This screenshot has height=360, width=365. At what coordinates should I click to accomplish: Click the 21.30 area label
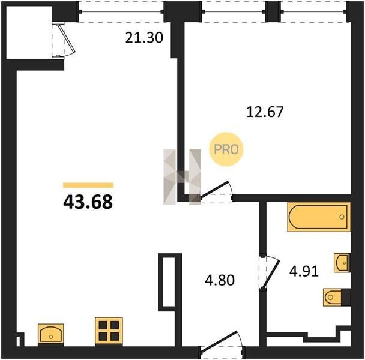pyautogui.click(x=144, y=38)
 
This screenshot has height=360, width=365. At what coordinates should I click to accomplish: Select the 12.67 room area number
pyautogui.click(x=265, y=112)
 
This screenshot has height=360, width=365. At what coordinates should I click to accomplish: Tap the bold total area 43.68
pyautogui.click(x=88, y=202)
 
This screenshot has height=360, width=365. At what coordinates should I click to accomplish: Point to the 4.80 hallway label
pyautogui.click(x=220, y=280)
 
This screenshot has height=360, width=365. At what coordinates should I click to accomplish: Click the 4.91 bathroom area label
pyautogui.click(x=304, y=271)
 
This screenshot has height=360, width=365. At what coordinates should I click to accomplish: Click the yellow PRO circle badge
pyautogui.click(x=226, y=149)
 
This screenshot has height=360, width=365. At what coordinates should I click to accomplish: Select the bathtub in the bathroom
pyautogui.click(x=319, y=217)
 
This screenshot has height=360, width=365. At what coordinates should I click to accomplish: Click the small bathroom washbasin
pyautogui.click(x=342, y=263)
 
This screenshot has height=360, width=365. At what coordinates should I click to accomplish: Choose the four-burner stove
pyautogui.click(x=109, y=331)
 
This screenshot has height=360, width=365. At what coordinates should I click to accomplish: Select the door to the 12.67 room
pyautogui.click(x=217, y=191)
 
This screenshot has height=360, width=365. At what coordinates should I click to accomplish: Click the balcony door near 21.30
pyautogui.click(x=63, y=40)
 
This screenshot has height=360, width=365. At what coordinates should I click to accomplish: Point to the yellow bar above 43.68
pyautogui.click(x=88, y=185)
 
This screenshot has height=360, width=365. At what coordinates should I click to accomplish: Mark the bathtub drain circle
pyautogui.click(x=342, y=217)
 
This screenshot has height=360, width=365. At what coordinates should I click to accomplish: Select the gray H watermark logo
pyautogui.click(x=182, y=177)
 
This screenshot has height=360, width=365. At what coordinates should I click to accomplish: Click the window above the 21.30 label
pyautogui.click(x=121, y=11)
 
